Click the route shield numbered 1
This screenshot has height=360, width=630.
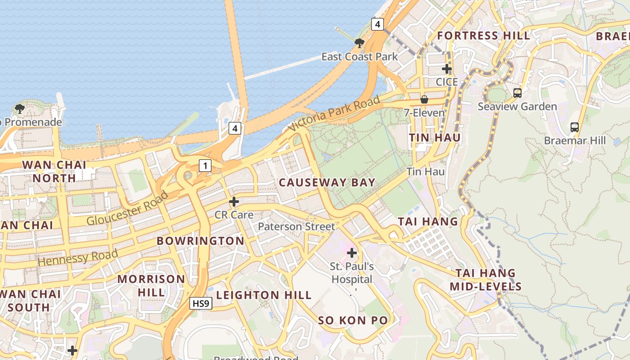(x=205, y=166)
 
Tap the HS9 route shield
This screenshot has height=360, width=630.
(x=200, y=304)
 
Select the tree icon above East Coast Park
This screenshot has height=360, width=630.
(x=359, y=43)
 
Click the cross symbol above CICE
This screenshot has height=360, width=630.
(x=446, y=69)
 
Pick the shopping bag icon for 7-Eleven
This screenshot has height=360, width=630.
(x=424, y=99)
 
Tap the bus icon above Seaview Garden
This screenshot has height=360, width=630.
(x=517, y=93)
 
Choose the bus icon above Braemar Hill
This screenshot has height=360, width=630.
(x=575, y=127)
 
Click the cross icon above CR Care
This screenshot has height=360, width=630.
(x=234, y=201)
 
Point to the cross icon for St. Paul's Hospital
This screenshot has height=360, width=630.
(x=352, y=253)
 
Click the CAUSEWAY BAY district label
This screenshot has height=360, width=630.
(x=327, y=182)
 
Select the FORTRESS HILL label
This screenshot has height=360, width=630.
(x=484, y=36)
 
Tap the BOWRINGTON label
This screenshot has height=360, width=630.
(x=200, y=241)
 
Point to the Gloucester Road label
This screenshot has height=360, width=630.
(x=127, y=208)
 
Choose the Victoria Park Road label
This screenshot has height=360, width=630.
(x=334, y=114)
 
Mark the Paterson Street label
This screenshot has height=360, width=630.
(x=297, y=226)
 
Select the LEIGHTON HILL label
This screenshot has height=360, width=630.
(x=264, y=295)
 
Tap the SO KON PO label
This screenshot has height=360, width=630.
(x=353, y=320)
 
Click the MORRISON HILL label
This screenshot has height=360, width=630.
(x=151, y=285)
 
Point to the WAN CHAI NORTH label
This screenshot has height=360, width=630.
(x=55, y=171)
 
